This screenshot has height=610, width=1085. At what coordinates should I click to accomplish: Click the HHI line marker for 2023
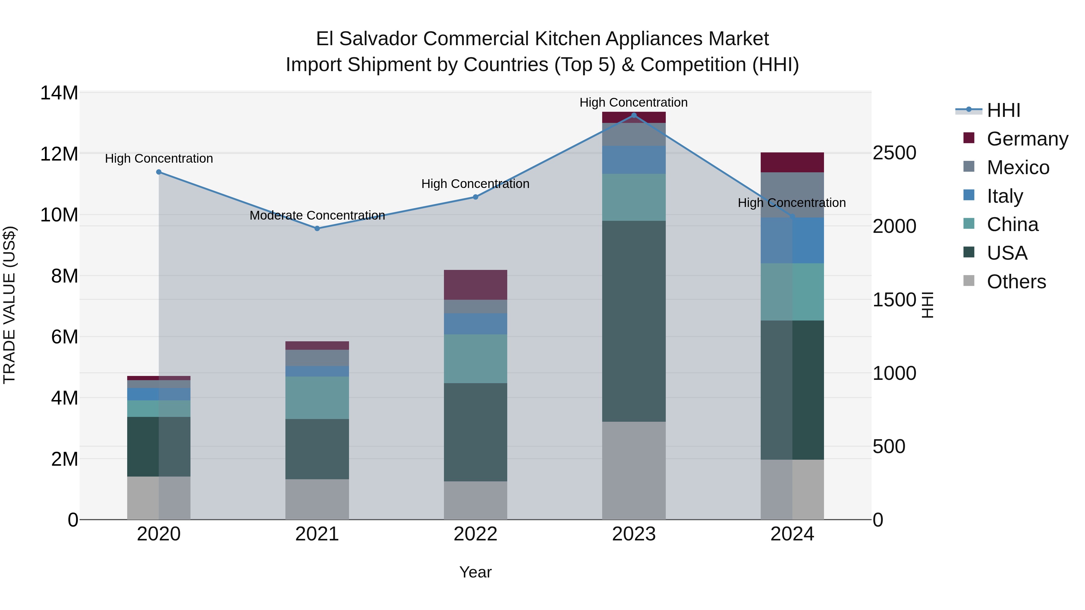pyautogui.click(x=634, y=115)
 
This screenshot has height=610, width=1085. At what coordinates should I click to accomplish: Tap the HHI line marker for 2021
pyautogui.click(x=317, y=229)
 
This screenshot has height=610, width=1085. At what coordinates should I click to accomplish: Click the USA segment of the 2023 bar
pyautogui.click(x=634, y=321)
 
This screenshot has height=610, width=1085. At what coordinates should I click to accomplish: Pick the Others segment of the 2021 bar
pyautogui.click(x=317, y=499)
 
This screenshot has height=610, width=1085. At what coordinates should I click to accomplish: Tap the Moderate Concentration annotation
pyautogui.click(x=317, y=216)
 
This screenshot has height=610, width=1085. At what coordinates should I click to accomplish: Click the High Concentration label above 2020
pyautogui.click(x=159, y=159)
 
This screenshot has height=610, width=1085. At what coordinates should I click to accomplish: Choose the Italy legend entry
pyautogui.click(x=1005, y=196)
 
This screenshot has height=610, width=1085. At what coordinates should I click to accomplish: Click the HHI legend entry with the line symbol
pyautogui.click(x=1003, y=110)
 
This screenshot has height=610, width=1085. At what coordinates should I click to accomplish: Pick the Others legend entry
pyautogui.click(x=1016, y=282)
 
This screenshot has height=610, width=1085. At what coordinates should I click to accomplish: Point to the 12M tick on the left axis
pyautogui.click(x=59, y=154)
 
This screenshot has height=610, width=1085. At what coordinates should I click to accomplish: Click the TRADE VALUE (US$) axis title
pyautogui.click(x=9, y=305)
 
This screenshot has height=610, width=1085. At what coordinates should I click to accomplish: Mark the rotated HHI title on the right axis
pyautogui.click(x=927, y=305)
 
